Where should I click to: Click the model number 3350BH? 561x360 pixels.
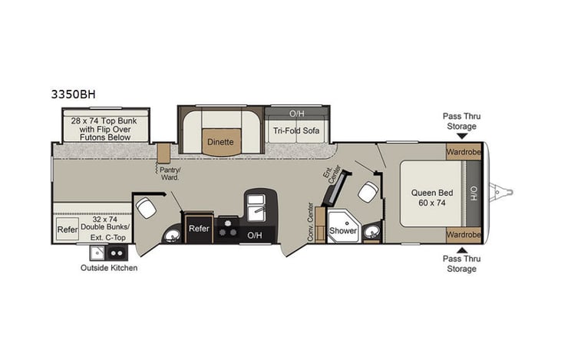[74, 94]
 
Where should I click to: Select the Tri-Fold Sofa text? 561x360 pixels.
[295, 130]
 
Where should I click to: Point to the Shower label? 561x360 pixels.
[342, 230]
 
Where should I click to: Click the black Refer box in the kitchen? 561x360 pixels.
[199, 228]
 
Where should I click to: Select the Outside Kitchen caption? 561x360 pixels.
[109, 268]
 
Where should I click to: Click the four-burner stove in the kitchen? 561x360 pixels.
[228, 228]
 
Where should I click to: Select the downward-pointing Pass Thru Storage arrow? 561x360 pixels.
[460, 136]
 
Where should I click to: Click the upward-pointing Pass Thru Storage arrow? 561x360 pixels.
[460, 249]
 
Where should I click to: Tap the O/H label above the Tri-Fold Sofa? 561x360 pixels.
[296, 113]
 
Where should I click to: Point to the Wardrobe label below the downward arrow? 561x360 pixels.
[463, 151]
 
